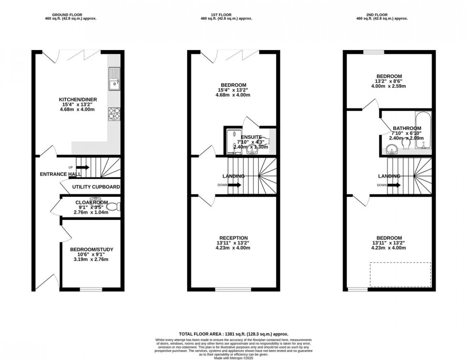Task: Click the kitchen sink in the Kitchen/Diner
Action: click(x=114, y=80)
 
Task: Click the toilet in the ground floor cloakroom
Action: click(x=113, y=207)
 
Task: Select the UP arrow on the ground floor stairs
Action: click(x=81, y=167)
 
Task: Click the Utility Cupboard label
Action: click(x=96, y=187)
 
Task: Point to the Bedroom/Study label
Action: click(x=92, y=250)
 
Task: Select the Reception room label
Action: click(x=233, y=238)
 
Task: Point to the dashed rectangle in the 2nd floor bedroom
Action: click(x=400, y=274)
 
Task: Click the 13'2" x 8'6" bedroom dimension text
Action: click(x=389, y=81)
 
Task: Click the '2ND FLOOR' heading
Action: click(x=389, y=14)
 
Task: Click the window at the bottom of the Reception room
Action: click(x=227, y=289)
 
